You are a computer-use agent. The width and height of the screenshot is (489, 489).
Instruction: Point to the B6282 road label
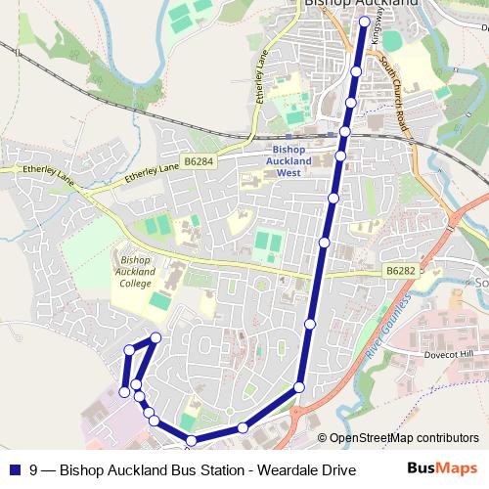click(400, 269)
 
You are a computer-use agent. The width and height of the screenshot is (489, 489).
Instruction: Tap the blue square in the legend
click(15, 469)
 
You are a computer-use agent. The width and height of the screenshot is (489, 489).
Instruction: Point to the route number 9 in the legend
click(34, 469)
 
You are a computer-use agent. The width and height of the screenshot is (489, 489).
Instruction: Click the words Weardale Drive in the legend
click(312, 469)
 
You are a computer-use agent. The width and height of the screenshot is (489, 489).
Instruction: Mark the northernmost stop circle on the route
click(364, 22)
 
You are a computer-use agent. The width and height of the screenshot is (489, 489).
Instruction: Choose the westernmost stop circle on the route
click(124, 392)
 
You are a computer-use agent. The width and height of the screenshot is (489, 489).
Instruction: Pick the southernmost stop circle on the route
click(192, 440)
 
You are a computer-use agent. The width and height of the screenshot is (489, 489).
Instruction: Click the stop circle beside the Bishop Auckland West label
click(340, 156)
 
